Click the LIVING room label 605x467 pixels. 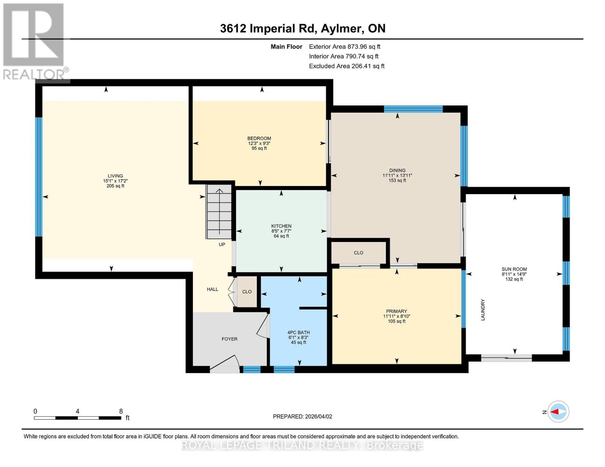click(x=115, y=176)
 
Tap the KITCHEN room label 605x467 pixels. click(x=281, y=226)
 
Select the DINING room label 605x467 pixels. click(x=397, y=170)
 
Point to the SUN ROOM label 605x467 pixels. click(x=514, y=269)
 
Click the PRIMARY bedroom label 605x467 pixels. click(x=396, y=311)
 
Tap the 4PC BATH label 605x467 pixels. click(x=298, y=333)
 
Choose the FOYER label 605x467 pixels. click(x=229, y=339)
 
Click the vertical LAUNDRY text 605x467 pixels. click(x=483, y=310)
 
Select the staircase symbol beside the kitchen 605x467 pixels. click(x=219, y=212)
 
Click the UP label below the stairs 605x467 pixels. click(x=222, y=245)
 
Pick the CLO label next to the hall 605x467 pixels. click(x=247, y=292)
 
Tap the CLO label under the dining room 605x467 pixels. click(x=358, y=253)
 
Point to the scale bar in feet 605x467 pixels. click(x=78, y=418)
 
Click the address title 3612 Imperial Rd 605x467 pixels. click(x=302, y=28)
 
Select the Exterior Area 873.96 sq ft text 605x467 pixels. click(x=344, y=47)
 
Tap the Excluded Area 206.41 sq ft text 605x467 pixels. click(x=346, y=66)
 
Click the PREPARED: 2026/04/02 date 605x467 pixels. click(x=302, y=416)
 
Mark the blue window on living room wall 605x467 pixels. click(x=39, y=177)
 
